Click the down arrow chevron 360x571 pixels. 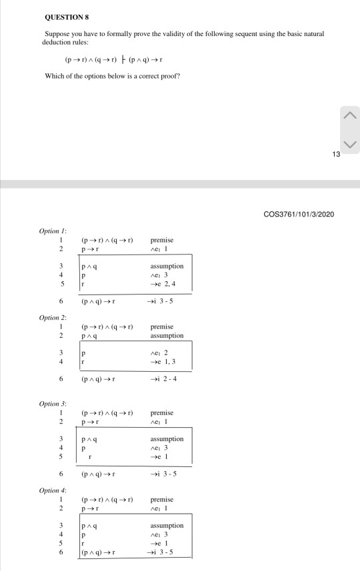tap(350, 144)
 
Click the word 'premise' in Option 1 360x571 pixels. tap(163, 240)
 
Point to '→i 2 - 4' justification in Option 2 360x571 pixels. tap(164, 379)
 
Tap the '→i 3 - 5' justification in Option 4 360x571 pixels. tap(164, 553)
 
